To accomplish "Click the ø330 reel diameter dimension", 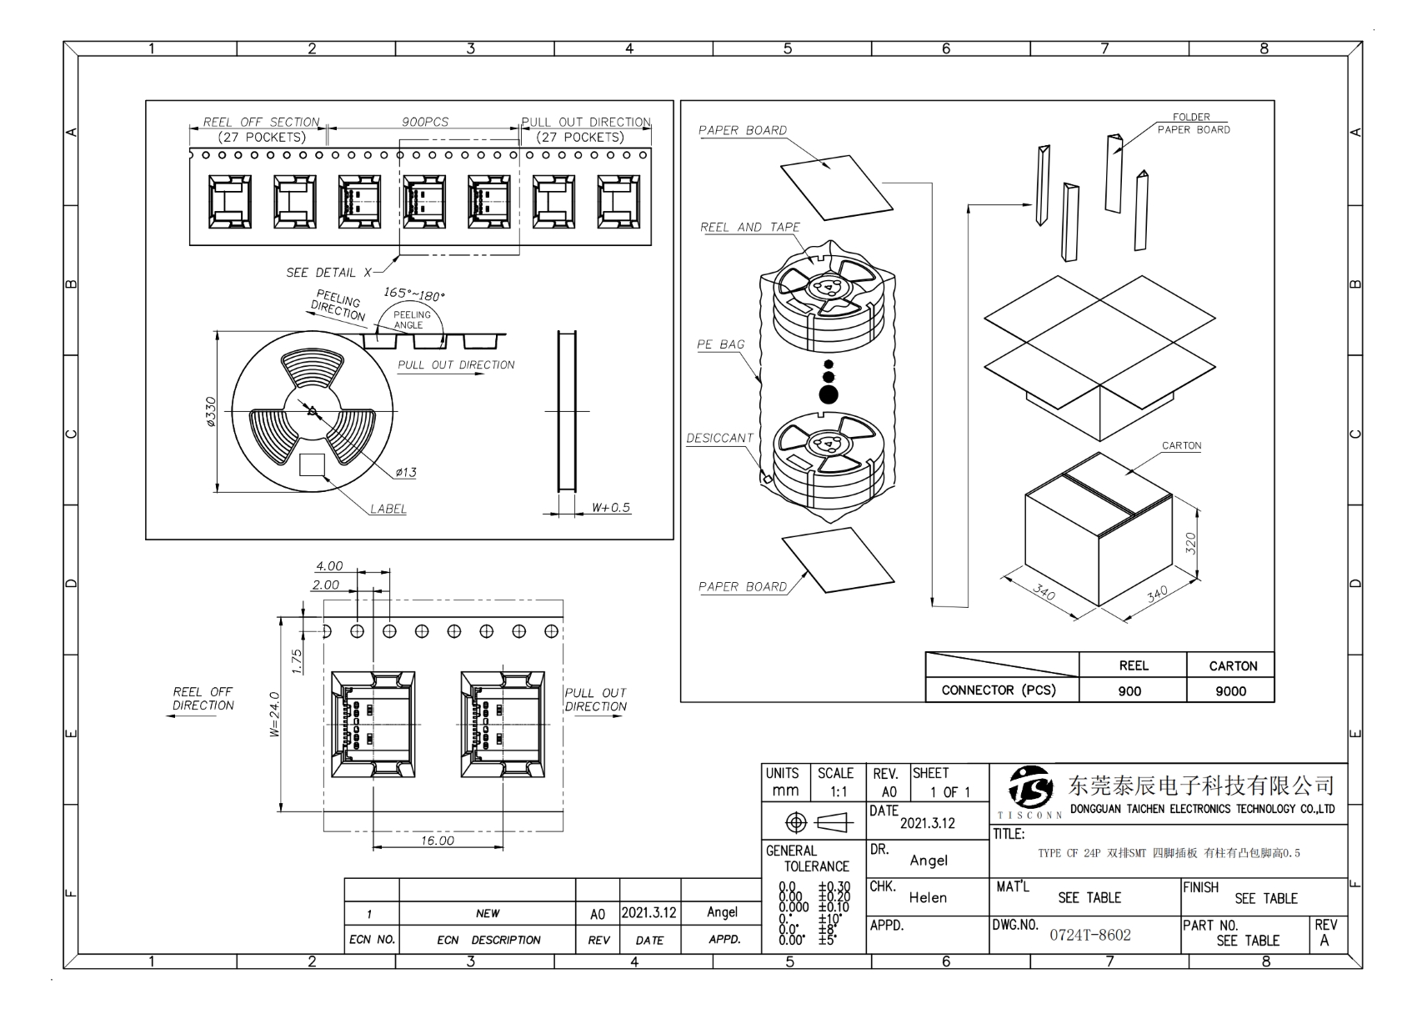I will (210, 412).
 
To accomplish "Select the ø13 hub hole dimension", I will (406, 473).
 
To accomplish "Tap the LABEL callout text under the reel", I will (388, 509).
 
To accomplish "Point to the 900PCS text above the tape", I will (425, 122).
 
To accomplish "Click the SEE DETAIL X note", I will (328, 273).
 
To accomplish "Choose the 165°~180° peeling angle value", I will (414, 294).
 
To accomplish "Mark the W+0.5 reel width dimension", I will (611, 508).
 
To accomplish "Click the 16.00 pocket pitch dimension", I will (437, 841).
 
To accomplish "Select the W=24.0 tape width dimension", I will (274, 714).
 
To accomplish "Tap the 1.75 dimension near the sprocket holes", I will (298, 660).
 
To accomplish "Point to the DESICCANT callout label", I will (719, 439).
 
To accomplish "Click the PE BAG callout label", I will (721, 344).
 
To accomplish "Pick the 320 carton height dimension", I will (1190, 543).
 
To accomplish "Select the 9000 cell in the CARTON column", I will (1230, 690).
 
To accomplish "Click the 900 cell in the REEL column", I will (1129, 690).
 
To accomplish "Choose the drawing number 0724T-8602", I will (1090, 935).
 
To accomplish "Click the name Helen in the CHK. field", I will (928, 897).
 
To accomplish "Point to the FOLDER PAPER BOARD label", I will (1193, 123).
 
